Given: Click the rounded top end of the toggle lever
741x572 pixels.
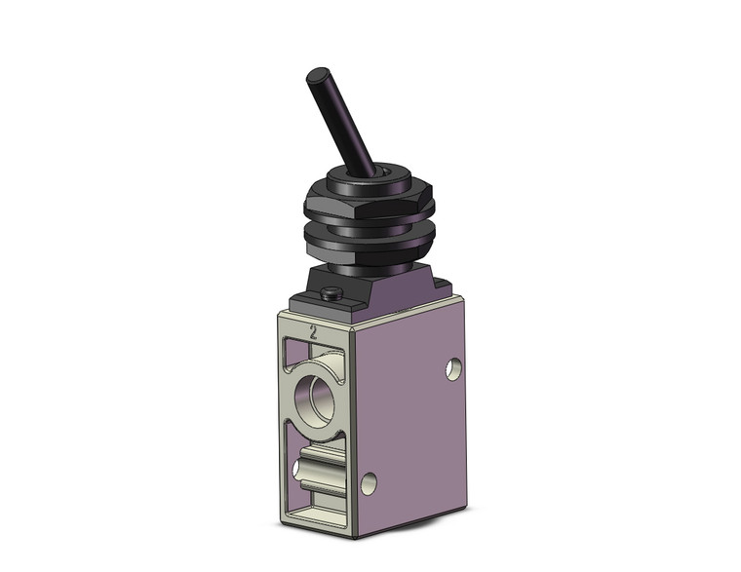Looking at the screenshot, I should [318, 76].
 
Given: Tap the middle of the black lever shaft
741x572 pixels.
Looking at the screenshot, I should [332, 122].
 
